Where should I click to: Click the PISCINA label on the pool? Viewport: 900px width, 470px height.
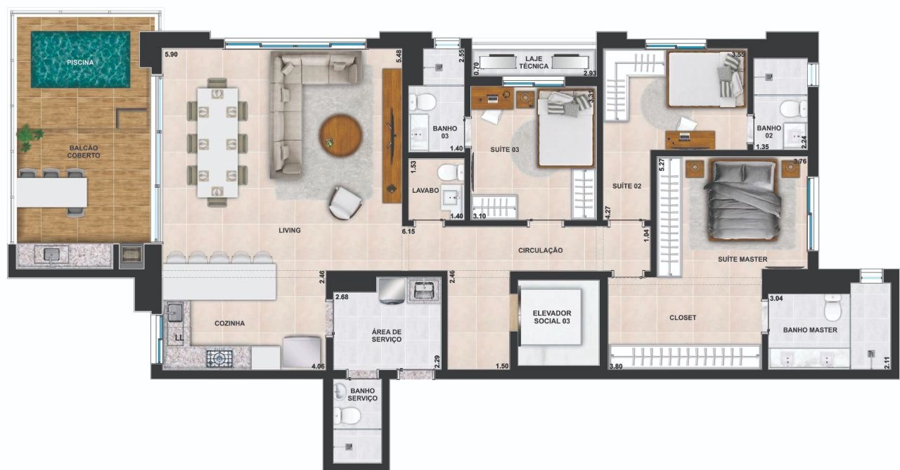80,63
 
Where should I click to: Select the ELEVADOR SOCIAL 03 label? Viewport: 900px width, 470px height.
552,317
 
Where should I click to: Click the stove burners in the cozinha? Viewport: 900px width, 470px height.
219,359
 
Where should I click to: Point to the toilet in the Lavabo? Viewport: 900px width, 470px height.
451,173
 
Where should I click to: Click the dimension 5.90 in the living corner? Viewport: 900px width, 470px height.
171,55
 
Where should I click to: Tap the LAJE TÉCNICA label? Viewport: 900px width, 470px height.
534,63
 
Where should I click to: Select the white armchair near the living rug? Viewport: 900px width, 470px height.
345,203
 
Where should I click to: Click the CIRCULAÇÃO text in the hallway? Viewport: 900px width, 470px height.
540,250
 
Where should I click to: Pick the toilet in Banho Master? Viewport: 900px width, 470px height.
832,307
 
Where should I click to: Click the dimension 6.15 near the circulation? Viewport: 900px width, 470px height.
409,231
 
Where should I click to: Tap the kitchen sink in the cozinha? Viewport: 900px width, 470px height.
175,312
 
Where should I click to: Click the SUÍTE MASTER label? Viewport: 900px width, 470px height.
742,260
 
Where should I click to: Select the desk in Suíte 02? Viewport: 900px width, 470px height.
690,139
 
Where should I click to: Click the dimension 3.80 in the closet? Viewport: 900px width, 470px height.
616,367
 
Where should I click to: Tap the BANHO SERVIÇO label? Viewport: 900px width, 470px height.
362,395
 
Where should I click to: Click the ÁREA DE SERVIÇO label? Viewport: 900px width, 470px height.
387,336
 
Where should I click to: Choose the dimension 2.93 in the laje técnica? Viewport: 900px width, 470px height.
590,73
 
